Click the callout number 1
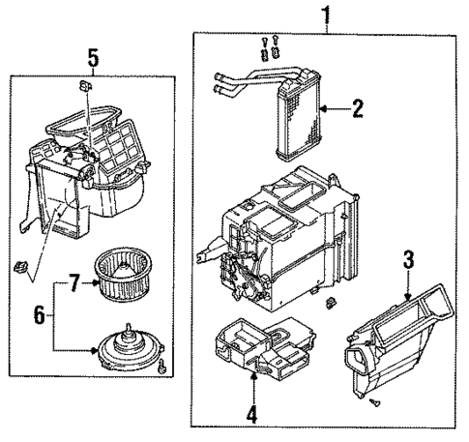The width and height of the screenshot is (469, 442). click(x=326, y=15)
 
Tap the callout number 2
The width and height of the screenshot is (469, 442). click(x=357, y=108)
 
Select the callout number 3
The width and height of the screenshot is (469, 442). click(x=408, y=259)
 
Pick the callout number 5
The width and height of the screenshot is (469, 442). click(x=94, y=58)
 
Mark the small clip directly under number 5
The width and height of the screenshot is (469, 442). click(x=87, y=88)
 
